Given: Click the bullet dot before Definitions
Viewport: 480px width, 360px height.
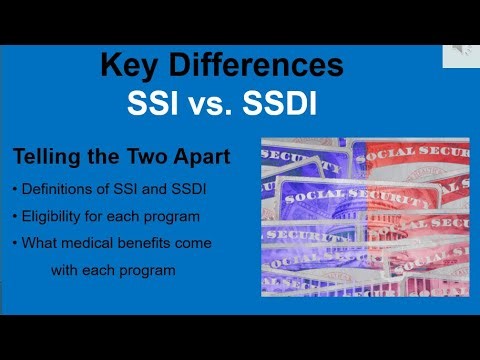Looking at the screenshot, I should [15, 191].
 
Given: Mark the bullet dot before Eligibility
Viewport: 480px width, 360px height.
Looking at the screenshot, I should [15, 217].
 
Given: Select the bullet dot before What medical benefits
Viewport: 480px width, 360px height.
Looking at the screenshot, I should [15, 243].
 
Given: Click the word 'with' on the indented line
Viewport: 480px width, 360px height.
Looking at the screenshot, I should [68, 269].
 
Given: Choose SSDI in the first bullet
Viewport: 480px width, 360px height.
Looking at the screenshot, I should [185, 191].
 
